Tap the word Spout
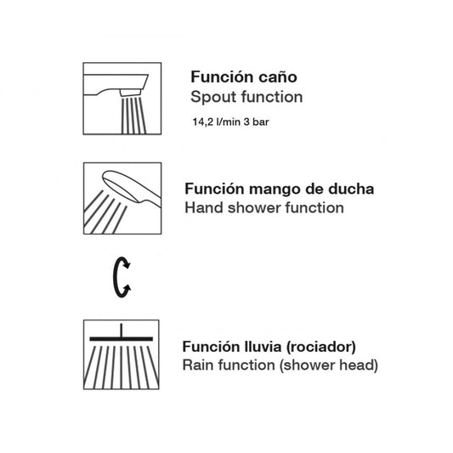[x=213, y=98]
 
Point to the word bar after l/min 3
[x=261, y=122]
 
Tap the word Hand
[x=204, y=207]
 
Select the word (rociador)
[x=321, y=347]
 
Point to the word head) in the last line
[x=359, y=365]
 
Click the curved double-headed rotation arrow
[x=115, y=277]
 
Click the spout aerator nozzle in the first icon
[x=131, y=93]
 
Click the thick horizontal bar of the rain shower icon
[x=121, y=339]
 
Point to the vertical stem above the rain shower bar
[x=121, y=331]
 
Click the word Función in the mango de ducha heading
[x=215, y=189]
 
